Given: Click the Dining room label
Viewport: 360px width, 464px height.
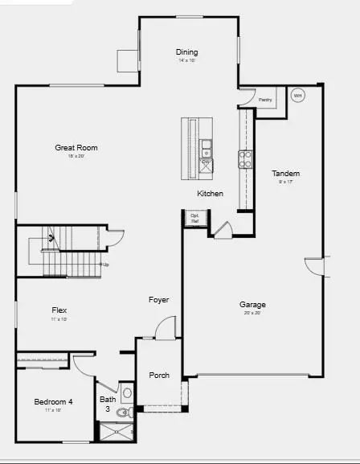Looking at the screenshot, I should click(x=186, y=53).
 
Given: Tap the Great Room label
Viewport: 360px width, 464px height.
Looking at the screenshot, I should click(x=76, y=148).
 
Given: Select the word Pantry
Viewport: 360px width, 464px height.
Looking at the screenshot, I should click(x=265, y=100).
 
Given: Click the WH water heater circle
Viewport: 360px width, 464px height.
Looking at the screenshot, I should click(x=297, y=96).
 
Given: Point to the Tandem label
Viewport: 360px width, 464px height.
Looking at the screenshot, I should click(x=285, y=174).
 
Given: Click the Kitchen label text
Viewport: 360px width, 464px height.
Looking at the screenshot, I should click(x=211, y=194).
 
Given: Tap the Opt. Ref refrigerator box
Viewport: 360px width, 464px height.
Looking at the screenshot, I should click(x=195, y=217).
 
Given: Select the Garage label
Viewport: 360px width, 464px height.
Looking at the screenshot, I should click(x=252, y=305).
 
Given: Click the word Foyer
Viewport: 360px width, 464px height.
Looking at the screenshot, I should click(x=159, y=300).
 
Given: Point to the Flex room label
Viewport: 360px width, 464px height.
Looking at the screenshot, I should click(x=59, y=310).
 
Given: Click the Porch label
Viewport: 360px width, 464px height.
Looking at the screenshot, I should click(x=159, y=376).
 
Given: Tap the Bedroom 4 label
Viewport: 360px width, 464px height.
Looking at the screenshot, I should click(x=54, y=402).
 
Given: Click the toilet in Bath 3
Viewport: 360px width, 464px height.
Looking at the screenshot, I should click(x=123, y=413).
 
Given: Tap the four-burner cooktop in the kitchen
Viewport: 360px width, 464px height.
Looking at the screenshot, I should click(x=244, y=159).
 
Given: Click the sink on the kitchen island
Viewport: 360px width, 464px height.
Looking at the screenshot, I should click(x=207, y=147).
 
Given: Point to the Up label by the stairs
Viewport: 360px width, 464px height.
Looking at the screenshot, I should click(x=105, y=264).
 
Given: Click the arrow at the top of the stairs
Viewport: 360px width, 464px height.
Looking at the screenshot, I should click(x=51, y=238).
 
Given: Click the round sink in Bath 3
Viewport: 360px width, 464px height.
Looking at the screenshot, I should click(x=127, y=393).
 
